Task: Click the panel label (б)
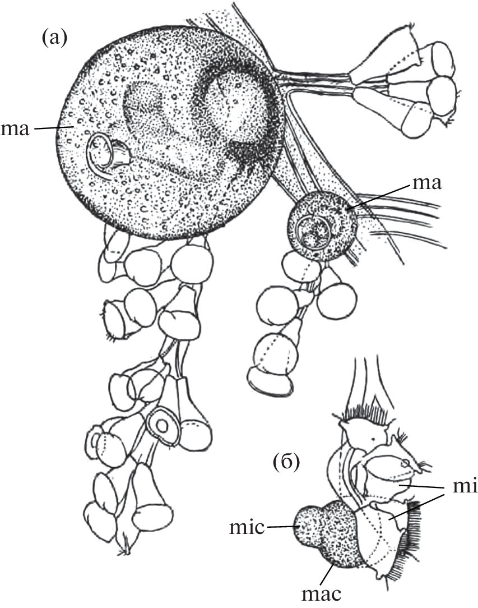pos(286,463)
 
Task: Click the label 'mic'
pos(247,527)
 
